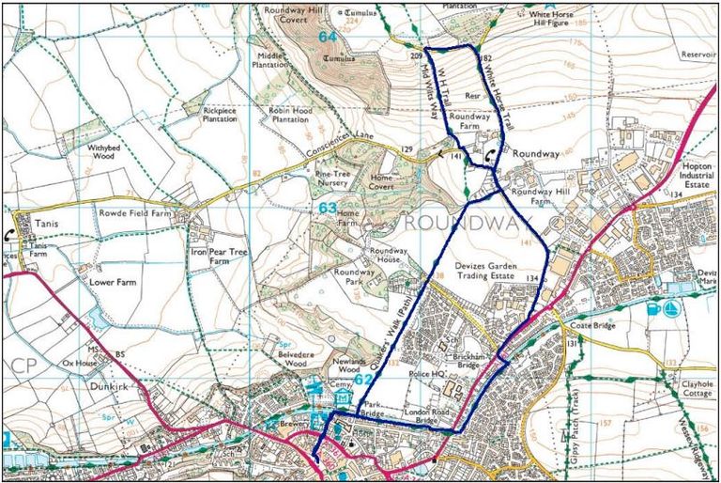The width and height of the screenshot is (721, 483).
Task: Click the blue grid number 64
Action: point(327,37)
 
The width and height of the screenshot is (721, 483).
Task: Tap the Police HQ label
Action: point(427,374)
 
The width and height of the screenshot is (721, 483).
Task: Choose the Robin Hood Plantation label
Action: point(289,116)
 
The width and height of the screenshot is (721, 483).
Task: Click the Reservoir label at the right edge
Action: point(700,55)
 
